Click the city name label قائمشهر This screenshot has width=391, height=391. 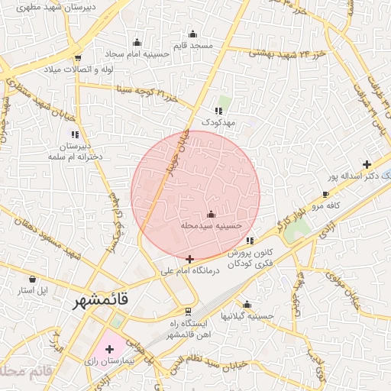(x=100, y=301)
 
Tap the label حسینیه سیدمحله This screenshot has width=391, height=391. (x=211, y=226)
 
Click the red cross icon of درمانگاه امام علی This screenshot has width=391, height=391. (x=189, y=260)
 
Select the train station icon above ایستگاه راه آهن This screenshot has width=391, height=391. (x=188, y=311)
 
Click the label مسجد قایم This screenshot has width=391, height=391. (x=192, y=46)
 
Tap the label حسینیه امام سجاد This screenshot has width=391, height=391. (x=137, y=53)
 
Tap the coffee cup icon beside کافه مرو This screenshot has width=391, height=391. (x=305, y=195)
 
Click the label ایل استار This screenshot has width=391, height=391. (x=33, y=291)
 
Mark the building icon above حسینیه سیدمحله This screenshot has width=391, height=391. (x=211, y=215)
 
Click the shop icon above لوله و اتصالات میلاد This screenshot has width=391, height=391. (x=78, y=59)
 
